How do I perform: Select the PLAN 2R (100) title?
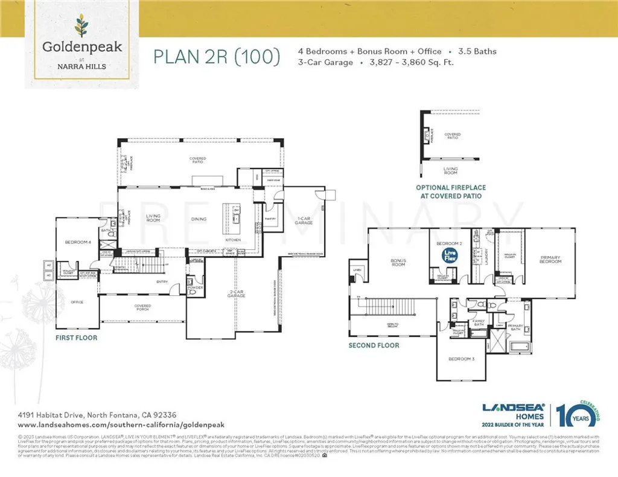217,57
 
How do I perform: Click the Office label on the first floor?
77,302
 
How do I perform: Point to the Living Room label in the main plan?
153,219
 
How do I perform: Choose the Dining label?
199,219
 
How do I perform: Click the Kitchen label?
234,240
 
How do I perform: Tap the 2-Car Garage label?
236,295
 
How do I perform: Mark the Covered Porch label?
142,307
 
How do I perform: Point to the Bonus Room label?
398,263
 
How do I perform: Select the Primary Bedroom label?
550,260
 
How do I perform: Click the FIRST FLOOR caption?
76,338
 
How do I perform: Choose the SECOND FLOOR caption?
374,345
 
